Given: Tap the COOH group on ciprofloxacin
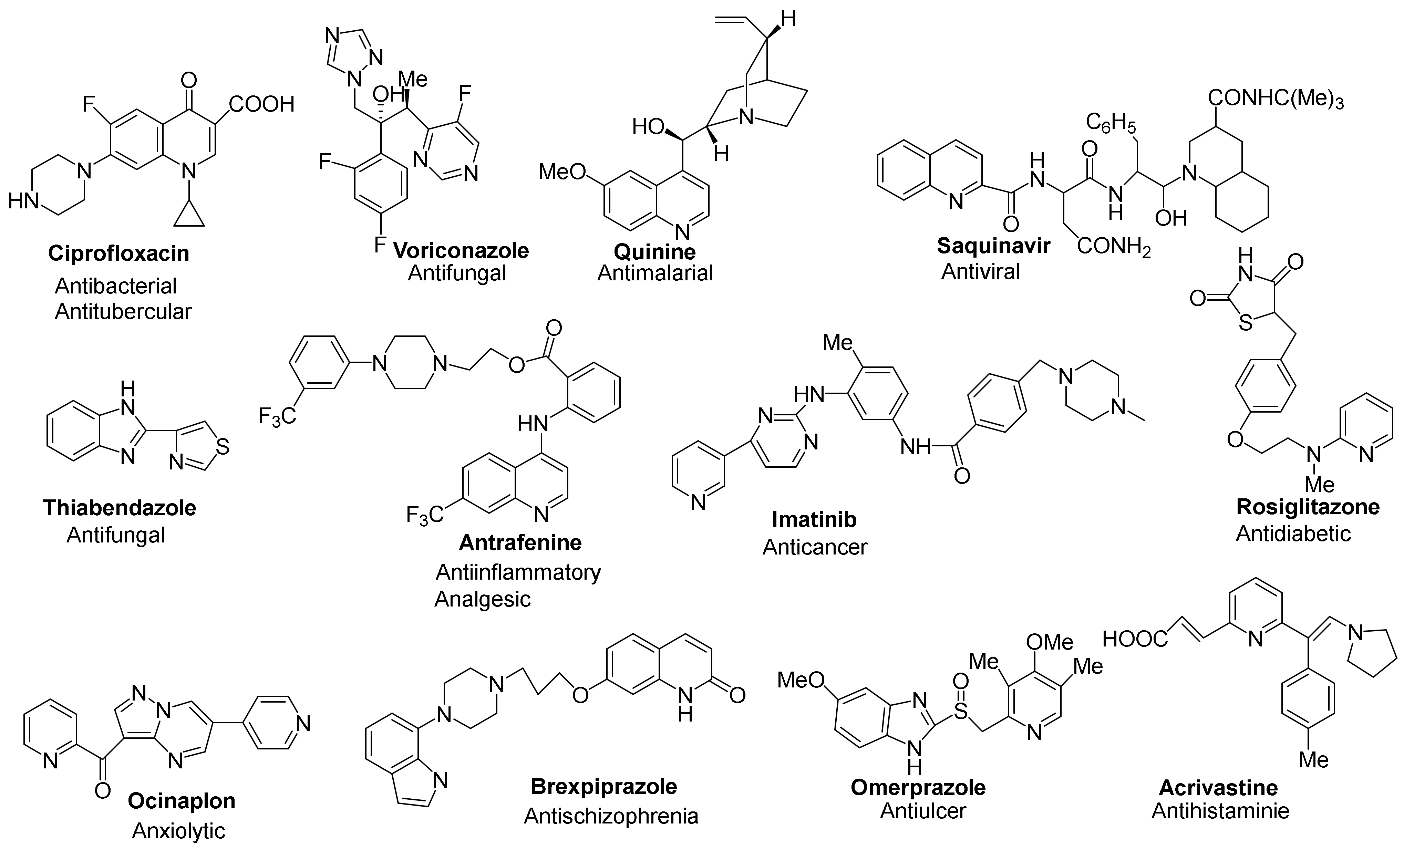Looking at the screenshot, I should tap(261, 104).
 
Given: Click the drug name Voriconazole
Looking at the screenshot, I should tap(461, 251).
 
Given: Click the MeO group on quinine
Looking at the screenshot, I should tap(562, 171).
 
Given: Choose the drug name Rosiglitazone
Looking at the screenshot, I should tap(1308, 507).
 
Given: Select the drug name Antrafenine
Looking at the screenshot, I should tap(520, 543).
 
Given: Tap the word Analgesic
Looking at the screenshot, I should tap(483, 599).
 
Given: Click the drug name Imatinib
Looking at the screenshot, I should tap(814, 520).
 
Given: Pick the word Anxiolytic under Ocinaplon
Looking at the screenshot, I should tap(178, 831).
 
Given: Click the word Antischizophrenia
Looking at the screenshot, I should tap(611, 816).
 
